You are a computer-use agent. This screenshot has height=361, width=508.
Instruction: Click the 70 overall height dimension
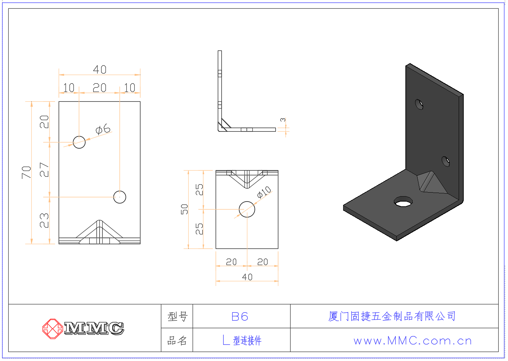(x=26, y=172)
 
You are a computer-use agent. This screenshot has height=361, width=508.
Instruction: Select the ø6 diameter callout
(x=103, y=129)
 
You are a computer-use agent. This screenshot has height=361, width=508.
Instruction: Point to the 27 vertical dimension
(x=44, y=170)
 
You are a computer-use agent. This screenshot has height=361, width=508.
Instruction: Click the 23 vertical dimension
(x=44, y=220)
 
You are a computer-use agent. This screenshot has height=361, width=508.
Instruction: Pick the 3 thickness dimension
(x=283, y=120)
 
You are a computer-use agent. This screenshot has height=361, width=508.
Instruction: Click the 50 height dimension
(x=184, y=209)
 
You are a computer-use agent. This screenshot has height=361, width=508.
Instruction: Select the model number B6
(x=240, y=317)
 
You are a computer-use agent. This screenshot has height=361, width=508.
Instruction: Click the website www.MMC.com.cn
(x=413, y=340)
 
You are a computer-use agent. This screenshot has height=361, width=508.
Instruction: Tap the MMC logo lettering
(x=94, y=329)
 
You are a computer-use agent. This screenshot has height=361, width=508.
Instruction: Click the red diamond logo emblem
(x=53, y=329)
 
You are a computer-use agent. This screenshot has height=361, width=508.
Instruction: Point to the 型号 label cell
(x=177, y=316)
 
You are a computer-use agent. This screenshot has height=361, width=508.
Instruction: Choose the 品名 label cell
(x=177, y=340)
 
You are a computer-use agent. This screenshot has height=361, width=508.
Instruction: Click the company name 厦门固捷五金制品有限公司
(x=392, y=316)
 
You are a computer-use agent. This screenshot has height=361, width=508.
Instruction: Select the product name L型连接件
(x=242, y=340)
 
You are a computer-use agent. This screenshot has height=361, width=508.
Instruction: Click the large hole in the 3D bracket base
(x=403, y=202)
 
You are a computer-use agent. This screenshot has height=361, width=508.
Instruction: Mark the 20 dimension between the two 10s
(x=100, y=88)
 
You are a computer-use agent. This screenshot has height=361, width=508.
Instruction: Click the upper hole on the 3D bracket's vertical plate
(x=419, y=104)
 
